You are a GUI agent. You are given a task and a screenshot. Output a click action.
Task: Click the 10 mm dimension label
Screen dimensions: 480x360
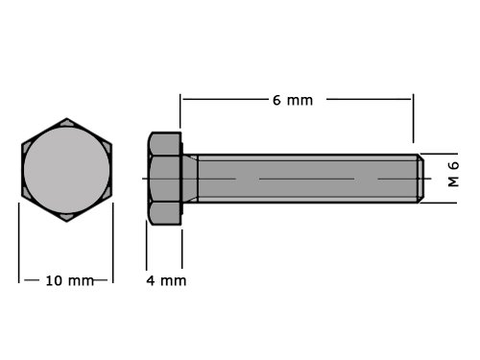click(70, 280)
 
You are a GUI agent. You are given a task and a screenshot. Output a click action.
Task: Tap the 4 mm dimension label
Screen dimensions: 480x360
click(166, 280)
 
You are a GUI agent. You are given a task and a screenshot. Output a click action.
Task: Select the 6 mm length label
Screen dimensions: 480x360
click(293, 101)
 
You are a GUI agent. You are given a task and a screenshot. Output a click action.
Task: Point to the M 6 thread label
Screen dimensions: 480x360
click(453, 174)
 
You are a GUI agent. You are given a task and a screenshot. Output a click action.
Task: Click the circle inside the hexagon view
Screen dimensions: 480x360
click(66, 170)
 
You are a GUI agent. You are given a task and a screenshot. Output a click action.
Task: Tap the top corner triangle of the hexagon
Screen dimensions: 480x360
click(66, 122)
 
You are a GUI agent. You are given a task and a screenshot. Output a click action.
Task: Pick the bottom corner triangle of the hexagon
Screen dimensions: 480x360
click(66, 217)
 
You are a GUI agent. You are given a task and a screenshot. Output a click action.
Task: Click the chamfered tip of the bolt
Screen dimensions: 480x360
click(421, 179)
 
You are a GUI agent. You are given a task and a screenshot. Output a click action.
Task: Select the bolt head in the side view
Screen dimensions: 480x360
click(165, 179)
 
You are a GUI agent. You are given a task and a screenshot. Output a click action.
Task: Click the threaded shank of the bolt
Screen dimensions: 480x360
click(308, 179)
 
